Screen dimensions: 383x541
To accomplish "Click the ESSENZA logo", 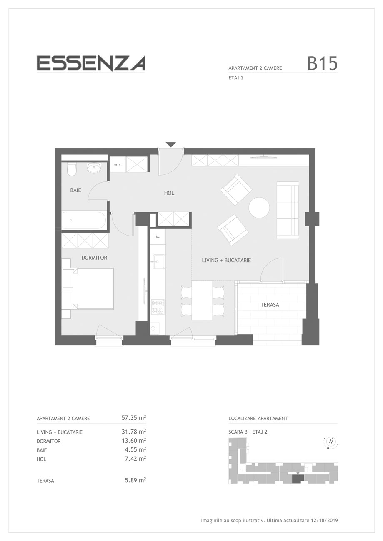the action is point(91,63).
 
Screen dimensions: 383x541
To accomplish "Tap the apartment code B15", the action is point(322,64).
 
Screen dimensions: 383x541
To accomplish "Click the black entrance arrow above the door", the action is point(171,145).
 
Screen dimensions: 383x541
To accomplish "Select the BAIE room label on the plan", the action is point(75,190).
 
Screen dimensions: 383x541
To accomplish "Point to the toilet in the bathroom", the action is point(72,169).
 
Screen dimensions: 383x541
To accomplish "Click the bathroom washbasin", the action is point(94,168).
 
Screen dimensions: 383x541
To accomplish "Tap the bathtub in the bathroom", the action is point(84,220).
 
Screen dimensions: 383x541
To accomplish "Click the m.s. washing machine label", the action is point(118,165).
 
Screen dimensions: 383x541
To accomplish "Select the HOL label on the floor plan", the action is point(169,193).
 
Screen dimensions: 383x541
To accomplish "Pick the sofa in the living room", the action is point(288,210).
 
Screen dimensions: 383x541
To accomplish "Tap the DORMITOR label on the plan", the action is point(94,258).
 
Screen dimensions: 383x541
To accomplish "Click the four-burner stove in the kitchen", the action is point(158,307).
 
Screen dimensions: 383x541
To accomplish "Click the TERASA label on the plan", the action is point(270,305).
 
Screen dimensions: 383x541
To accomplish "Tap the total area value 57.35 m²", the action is point(134,418).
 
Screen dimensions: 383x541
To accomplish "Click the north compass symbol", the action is point(331,442).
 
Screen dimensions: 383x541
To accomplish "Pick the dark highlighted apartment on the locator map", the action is point(298,479).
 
